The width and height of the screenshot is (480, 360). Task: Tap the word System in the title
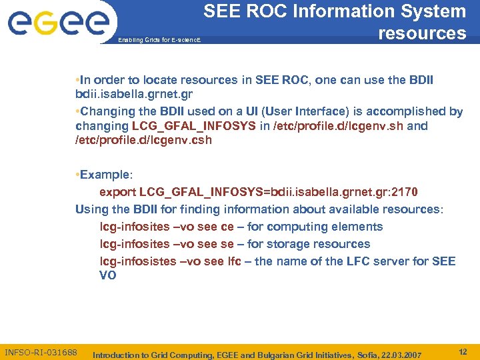431,11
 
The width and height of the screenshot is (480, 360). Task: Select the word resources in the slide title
422,33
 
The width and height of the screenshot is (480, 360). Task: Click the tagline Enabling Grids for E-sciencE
159,41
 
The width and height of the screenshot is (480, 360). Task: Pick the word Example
105,175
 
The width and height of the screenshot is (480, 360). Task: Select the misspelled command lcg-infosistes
138,261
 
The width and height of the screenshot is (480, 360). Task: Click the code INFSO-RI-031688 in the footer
41,351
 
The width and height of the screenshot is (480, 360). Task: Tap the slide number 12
463,351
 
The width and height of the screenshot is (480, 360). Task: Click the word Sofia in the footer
353,355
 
